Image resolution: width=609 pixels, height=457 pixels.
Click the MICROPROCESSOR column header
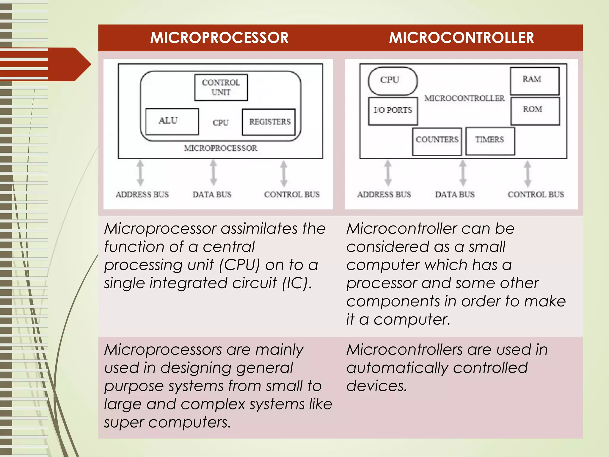(219, 38)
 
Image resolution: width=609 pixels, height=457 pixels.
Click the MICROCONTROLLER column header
(461, 38)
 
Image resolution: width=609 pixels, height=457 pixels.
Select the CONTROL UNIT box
(221, 87)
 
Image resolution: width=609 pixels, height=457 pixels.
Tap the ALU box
(172, 121)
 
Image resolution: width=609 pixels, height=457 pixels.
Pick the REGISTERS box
(269, 122)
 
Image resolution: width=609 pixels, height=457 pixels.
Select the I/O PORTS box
(393, 111)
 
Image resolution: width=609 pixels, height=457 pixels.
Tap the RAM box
(535, 81)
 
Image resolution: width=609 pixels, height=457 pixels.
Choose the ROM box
(535, 110)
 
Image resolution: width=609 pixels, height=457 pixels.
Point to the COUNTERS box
(437, 141)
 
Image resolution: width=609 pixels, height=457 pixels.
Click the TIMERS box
(490, 141)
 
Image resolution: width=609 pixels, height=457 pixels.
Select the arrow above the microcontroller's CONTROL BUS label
(528, 173)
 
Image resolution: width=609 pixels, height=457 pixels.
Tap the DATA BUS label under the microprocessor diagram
(212, 195)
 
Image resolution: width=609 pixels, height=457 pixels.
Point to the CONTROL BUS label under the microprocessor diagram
(292, 195)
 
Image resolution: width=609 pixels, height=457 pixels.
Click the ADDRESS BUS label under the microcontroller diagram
(384, 195)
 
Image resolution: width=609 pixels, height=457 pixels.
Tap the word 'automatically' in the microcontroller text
(397, 368)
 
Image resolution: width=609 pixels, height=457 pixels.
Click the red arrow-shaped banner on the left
(45, 64)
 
